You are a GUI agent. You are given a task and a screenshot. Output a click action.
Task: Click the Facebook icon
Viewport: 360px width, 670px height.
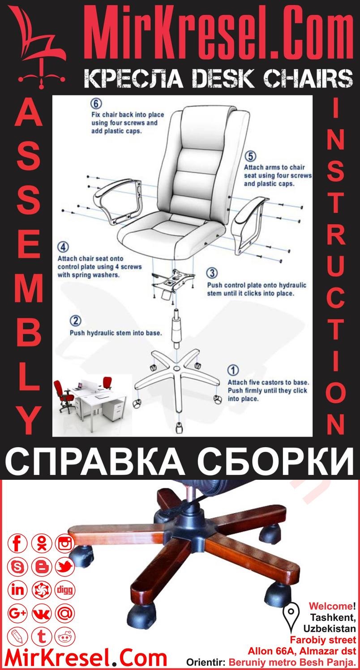click(x=18, y=544)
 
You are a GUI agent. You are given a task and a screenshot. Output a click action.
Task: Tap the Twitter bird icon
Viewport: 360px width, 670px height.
click(x=65, y=567)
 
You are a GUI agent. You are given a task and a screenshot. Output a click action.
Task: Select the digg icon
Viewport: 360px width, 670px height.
click(x=65, y=590)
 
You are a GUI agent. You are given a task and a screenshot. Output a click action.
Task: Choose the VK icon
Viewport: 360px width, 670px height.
click(x=42, y=613)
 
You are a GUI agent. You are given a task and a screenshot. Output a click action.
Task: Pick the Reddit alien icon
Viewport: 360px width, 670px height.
click(x=65, y=636)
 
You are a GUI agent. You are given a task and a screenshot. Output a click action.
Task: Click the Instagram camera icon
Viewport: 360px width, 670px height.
click(x=65, y=544)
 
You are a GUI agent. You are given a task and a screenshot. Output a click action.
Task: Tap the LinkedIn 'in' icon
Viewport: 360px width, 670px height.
click(x=18, y=590)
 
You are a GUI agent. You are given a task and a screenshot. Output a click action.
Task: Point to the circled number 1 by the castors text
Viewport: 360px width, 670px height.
click(x=233, y=370)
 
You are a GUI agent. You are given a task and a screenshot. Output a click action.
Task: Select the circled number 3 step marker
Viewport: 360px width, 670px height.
click(x=212, y=273)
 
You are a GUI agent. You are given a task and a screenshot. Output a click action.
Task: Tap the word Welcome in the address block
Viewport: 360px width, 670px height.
click(x=330, y=606)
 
